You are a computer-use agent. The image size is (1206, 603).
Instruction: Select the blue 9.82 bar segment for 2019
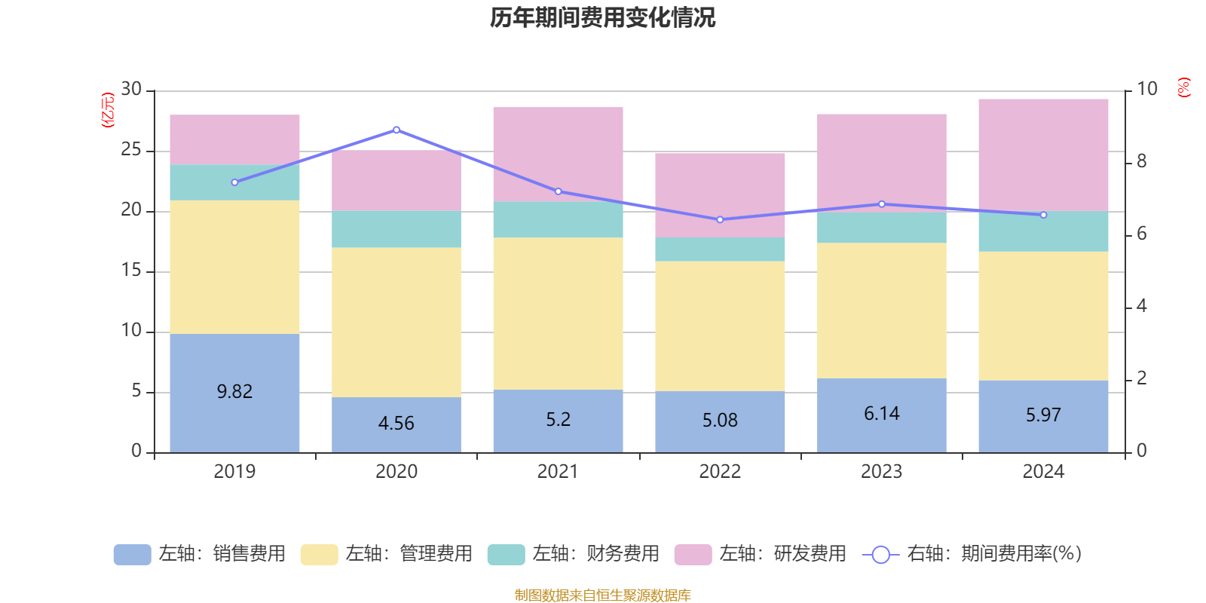[234, 422]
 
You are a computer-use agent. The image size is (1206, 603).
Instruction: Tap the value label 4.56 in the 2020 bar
[396, 424]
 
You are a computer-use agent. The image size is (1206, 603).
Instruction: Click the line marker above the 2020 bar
[396, 130]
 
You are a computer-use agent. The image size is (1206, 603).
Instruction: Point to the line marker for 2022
[720, 219]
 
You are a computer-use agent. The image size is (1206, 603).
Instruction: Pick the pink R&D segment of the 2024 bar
[1043, 155]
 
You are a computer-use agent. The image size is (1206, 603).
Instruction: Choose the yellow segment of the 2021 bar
[558, 314]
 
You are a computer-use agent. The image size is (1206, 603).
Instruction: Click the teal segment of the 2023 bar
[881, 228]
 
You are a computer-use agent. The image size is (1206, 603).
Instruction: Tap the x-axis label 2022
[720, 472]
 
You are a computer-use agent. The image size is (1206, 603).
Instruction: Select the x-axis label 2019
[234, 472]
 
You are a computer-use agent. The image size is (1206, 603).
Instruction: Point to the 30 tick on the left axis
[132, 90]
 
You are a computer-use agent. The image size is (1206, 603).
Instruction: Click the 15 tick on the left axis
[132, 271]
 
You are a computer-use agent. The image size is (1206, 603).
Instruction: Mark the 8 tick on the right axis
[1141, 161]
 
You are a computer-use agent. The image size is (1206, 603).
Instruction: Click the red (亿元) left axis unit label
[108, 110]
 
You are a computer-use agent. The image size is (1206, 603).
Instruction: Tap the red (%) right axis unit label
[1184, 87]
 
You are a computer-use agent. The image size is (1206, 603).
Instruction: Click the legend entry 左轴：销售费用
[200, 554]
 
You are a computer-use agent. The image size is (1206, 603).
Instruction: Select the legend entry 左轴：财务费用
[574, 554]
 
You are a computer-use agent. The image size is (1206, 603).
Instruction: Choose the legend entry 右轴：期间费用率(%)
[972, 554]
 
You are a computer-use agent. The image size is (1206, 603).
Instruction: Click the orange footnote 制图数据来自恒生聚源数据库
[602, 595]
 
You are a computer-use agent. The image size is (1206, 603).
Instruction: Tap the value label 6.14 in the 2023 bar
[881, 414]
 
